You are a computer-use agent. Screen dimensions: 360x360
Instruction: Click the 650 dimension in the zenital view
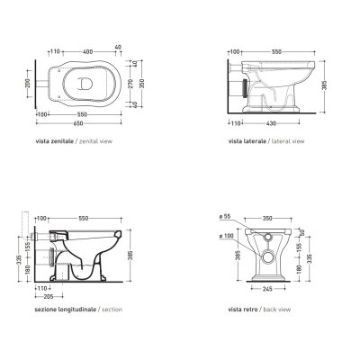tap(78, 123)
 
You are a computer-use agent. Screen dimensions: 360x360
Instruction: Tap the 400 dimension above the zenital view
tap(87, 52)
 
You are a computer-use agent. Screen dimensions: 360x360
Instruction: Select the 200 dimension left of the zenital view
tap(27, 84)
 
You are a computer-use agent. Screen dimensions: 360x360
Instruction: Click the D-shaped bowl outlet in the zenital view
tap(85, 83)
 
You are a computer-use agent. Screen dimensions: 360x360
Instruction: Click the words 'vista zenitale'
tap(54, 141)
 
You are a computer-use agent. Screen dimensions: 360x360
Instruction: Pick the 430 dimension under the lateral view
tap(271, 123)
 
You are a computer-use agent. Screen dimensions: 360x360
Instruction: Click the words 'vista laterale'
tap(247, 141)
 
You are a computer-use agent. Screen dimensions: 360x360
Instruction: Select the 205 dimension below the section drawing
tap(49, 297)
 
